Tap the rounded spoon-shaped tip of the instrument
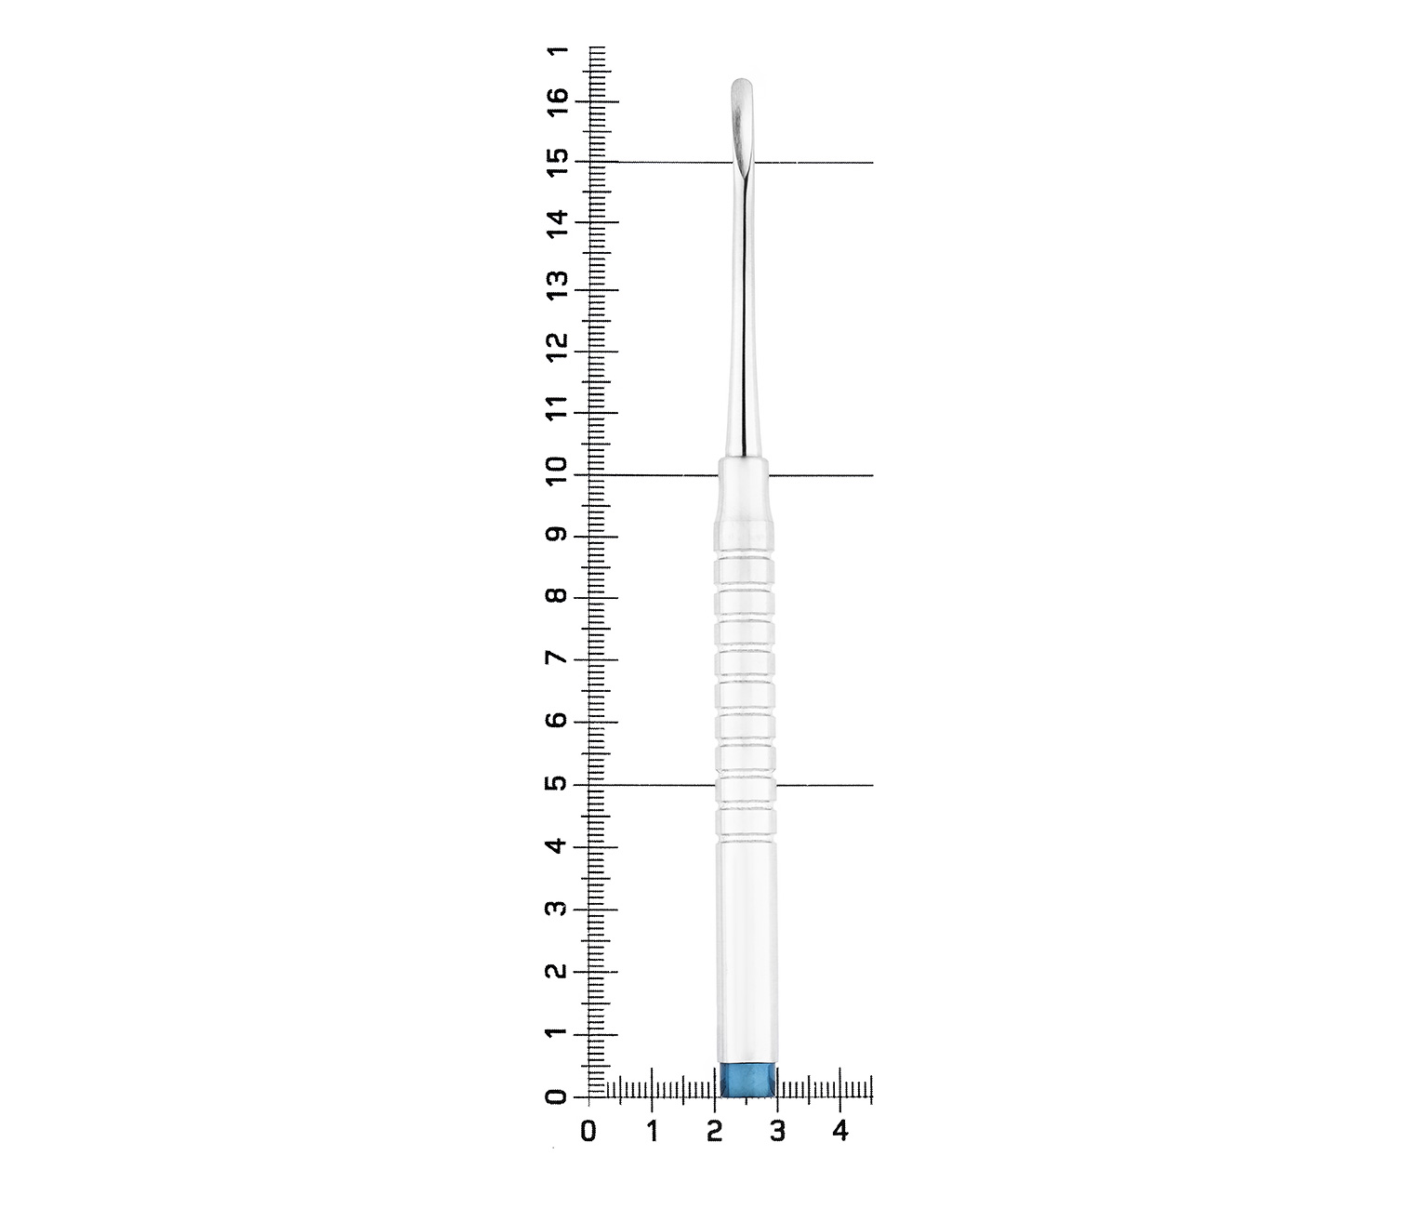pyautogui.click(x=741, y=116)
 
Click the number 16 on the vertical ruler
pyautogui.click(x=558, y=102)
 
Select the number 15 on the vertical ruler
pyautogui.click(x=558, y=163)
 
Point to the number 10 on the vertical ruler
pyautogui.click(x=558, y=473)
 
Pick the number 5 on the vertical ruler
pyautogui.click(x=558, y=783)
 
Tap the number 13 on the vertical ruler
pyautogui.click(x=558, y=286)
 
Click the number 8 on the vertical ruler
pyautogui.click(x=558, y=596)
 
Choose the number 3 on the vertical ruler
pyautogui.click(x=558, y=908)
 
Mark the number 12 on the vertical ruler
pyautogui.click(x=558, y=348)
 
